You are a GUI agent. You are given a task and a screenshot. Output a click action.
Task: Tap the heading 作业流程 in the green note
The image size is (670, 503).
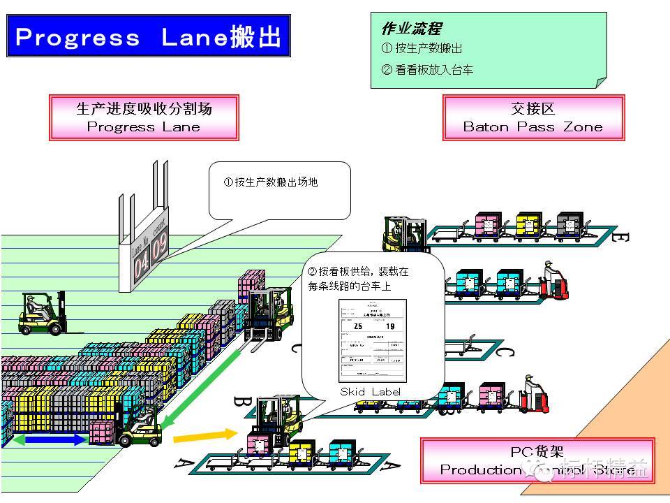(x=411, y=29)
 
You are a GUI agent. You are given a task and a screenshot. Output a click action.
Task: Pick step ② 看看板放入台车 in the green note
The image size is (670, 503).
(x=427, y=69)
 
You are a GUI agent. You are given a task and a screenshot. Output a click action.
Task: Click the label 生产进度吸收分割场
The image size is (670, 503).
(x=144, y=108)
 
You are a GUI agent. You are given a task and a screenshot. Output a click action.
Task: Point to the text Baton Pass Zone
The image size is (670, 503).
(x=533, y=127)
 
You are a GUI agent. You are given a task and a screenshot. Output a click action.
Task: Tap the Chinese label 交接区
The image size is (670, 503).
(x=533, y=108)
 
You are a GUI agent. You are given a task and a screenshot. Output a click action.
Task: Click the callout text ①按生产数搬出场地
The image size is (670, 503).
(x=271, y=182)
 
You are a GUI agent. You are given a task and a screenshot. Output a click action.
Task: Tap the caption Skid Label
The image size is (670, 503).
(x=371, y=392)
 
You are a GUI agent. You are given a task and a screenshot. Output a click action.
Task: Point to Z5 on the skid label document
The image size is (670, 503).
(x=358, y=326)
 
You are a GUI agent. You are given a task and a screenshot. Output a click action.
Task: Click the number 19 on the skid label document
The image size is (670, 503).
(x=389, y=326)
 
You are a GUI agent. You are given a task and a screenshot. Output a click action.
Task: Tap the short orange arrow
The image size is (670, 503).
(x=195, y=437)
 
